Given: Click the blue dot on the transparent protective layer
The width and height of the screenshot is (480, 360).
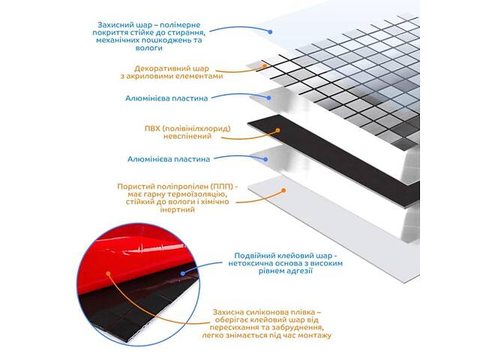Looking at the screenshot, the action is pos(270,31).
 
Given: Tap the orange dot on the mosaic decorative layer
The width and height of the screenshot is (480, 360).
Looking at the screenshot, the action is pos(265,66).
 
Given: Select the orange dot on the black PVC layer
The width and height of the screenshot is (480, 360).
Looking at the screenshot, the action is pos(277,130).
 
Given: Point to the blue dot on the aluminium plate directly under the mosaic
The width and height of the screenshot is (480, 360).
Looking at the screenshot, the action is pos(268,98).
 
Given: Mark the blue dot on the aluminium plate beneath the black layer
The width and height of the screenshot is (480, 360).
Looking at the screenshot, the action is pos(265,159).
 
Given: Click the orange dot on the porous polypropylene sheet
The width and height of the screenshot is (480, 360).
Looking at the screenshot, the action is pos(283,190).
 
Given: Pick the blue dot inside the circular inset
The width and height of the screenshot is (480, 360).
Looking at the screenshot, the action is pos(183,273).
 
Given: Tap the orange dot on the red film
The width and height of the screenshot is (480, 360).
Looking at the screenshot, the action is pos(108,273).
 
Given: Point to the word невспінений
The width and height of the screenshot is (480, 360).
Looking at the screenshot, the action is pos(187,136).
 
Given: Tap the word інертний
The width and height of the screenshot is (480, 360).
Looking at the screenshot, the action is pos(178,210).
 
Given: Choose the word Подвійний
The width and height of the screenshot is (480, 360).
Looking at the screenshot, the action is pos(255,256).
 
